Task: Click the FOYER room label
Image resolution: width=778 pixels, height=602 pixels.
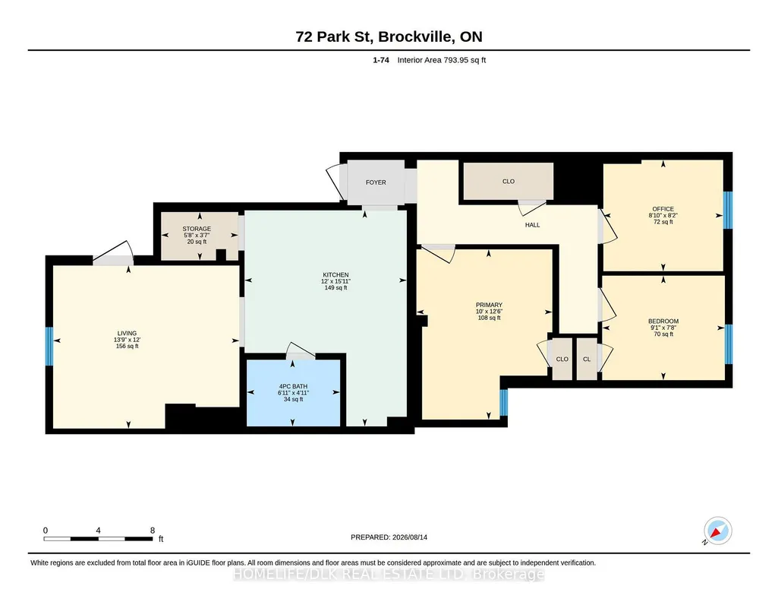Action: (x=376, y=182)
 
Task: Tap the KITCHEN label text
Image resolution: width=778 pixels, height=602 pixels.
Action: (x=336, y=274)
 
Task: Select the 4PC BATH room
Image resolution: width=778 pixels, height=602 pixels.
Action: (x=293, y=392)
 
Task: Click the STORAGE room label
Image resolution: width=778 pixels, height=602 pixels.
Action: (x=197, y=229)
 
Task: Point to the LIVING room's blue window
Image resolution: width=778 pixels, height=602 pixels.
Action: (x=49, y=346)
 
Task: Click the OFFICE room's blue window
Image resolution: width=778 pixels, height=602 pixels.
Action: (x=728, y=210)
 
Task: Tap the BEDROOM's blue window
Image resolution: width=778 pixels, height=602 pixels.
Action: (x=729, y=344)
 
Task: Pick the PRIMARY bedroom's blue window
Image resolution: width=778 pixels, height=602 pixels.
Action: (x=504, y=402)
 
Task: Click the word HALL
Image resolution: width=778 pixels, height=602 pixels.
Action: (x=532, y=225)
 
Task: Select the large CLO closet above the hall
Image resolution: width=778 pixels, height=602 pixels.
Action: (x=508, y=182)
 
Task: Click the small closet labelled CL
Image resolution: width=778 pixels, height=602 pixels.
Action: (x=587, y=359)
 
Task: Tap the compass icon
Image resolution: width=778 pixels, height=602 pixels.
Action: (x=717, y=531)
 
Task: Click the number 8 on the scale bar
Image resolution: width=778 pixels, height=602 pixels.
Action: (x=153, y=531)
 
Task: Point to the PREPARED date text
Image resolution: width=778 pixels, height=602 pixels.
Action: (x=389, y=537)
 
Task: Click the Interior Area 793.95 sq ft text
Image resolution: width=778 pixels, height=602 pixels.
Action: (x=442, y=60)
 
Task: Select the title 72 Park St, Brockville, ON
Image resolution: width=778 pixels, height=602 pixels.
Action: (x=389, y=36)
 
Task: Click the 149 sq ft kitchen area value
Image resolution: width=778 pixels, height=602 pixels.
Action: (x=336, y=287)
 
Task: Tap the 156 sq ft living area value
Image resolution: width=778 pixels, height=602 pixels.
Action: (x=127, y=346)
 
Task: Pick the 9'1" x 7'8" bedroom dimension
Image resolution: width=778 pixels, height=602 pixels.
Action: (x=663, y=328)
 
